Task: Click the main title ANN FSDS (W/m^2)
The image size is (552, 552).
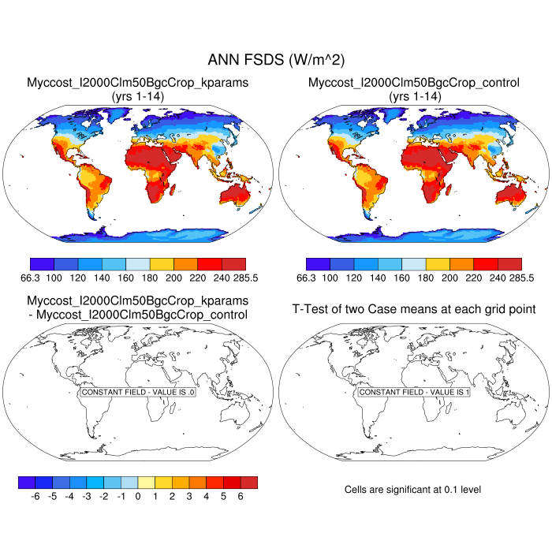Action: [x=276, y=60]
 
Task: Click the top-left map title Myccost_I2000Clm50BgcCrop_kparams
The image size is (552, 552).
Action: [x=137, y=83]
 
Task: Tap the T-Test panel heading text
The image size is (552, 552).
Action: [x=414, y=308]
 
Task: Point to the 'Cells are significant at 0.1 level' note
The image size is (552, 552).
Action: [x=412, y=490]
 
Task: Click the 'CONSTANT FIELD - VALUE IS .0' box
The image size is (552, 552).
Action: [x=138, y=392]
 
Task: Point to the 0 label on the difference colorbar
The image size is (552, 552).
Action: [x=138, y=497]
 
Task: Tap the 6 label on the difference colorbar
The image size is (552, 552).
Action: [x=241, y=497]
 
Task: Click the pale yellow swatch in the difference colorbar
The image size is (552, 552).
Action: [x=147, y=483]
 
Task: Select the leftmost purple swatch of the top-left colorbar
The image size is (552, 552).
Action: [x=41, y=264]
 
